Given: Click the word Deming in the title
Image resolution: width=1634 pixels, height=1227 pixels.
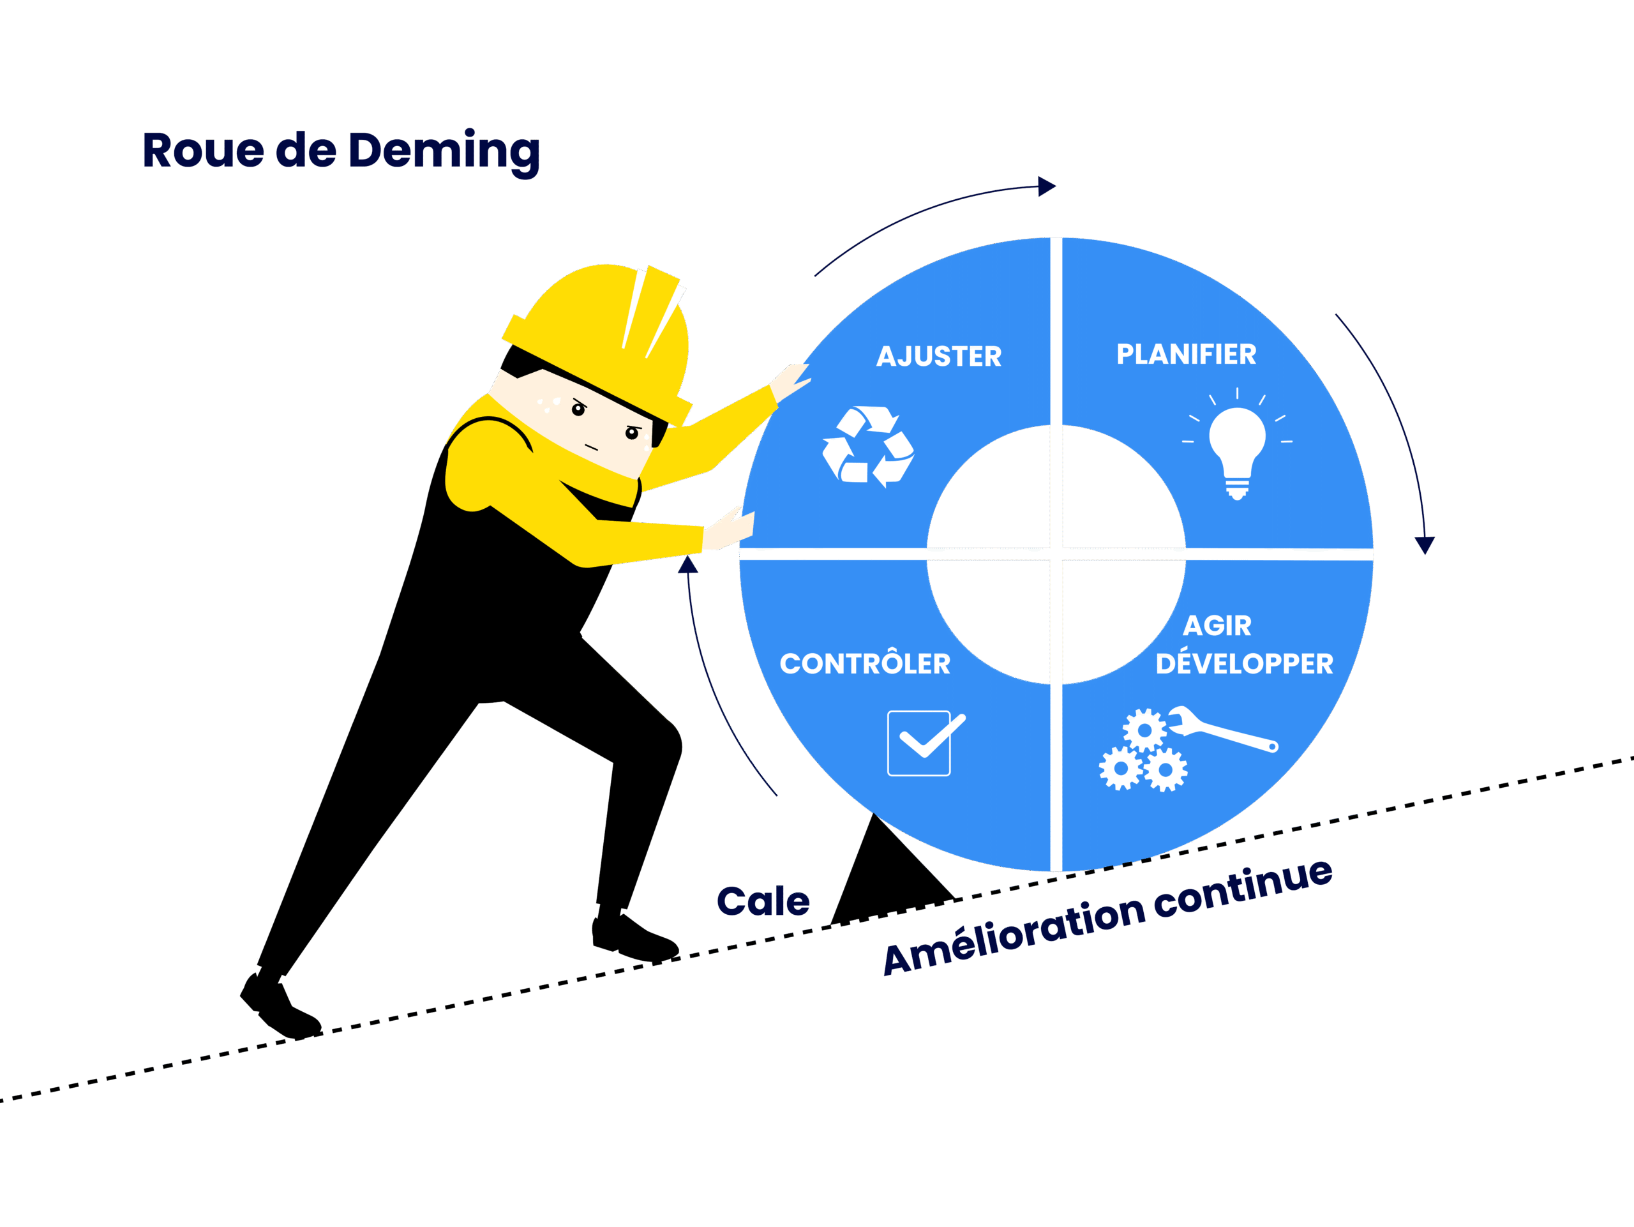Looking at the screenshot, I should pos(444,151).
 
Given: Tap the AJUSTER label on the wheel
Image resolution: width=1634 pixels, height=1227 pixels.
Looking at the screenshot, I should pos(939,357).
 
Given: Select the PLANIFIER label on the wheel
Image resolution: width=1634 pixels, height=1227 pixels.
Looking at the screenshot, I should pos(1186,354).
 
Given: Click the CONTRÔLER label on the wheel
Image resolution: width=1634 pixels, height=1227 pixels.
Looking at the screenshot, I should pos(865,663).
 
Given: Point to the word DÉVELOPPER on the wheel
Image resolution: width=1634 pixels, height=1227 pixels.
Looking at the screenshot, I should pos(1244,663).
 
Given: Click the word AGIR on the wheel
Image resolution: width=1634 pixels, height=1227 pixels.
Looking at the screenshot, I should pos(1217,626).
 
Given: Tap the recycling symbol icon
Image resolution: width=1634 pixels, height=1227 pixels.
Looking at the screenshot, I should pos(869,446).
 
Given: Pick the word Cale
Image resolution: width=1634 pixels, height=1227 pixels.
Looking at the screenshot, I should pos(763,902).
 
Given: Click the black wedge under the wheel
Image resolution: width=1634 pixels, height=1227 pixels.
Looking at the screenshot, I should pos(887,883).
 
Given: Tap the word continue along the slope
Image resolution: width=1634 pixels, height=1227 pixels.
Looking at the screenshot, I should pos(1243,889).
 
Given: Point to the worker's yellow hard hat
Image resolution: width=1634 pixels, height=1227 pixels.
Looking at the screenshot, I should pos(602,333).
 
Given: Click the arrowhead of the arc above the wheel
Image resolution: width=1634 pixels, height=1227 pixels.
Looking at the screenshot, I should pos(1047,186).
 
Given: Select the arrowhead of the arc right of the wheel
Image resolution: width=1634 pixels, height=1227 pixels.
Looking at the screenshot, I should pos(1424,545).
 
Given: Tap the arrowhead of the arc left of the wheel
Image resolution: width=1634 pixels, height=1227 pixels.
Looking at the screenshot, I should pos(689,565).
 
